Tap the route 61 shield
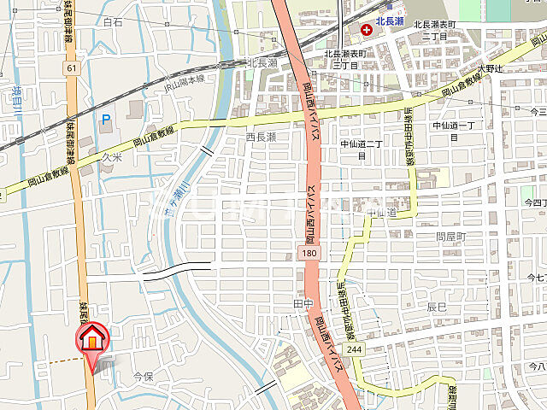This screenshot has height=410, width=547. coord(70,67)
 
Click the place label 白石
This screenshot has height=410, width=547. coord(113,22)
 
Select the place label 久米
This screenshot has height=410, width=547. coord(113,157)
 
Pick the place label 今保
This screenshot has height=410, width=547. coord(144,376)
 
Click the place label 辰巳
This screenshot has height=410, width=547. coord(437,306)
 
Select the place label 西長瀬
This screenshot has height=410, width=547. coord(262,137)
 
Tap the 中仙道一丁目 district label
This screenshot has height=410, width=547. coord(458,131)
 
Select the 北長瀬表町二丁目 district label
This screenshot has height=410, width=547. coord(435,32)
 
